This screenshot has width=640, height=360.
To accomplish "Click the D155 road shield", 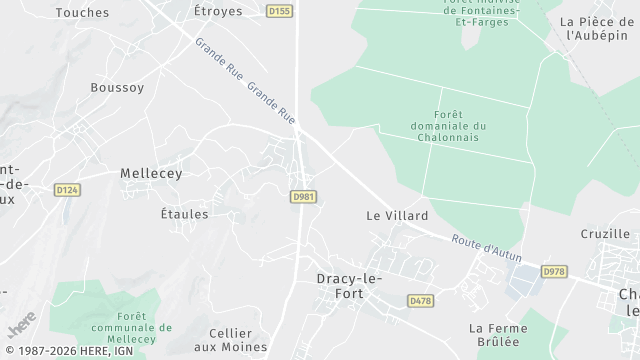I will [x=281, y=11].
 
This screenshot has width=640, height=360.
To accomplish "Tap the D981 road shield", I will [x=304, y=197].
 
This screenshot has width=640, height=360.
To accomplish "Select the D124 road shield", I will [x=67, y=189].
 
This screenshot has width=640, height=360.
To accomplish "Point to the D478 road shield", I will [x=421, y=300].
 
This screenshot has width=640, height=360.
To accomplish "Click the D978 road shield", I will [x=553, y=271].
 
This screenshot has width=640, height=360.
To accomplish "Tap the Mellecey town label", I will [x=151, y=173].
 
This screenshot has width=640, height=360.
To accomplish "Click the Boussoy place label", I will [x=117, y=87].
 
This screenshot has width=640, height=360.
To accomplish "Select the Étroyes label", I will [x=218, y=11].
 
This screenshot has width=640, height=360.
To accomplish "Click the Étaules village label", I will [x=184, y=214].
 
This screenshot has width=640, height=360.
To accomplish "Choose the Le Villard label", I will [x=397, y=215].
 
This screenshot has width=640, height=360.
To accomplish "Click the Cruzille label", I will [x=605, y=234].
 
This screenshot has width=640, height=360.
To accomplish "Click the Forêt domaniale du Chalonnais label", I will [x=448, y=126].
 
